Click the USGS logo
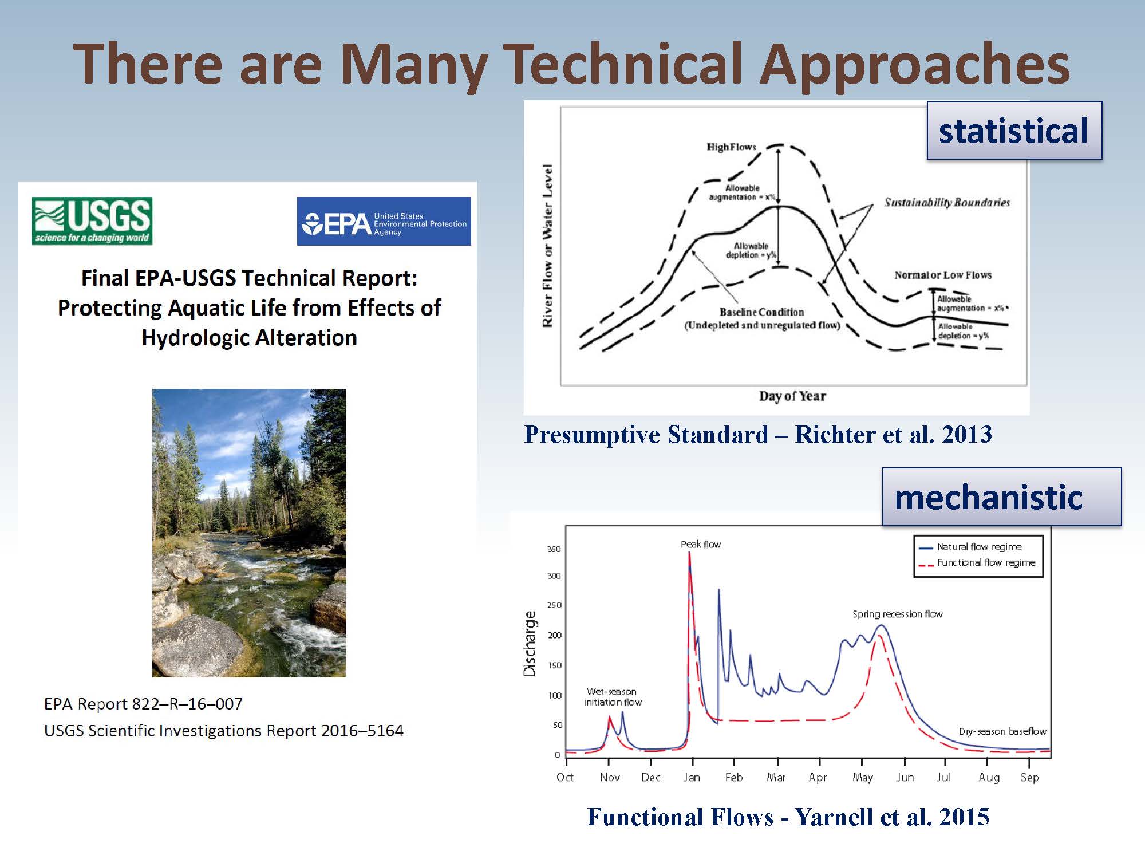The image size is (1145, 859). (x=92, y=221)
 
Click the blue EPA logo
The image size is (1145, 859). (x=384, y=222)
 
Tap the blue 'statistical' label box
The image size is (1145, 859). (x=1014, y=131)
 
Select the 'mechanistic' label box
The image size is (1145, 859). (x=1001, y=497)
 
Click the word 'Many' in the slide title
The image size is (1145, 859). (x=413, y=65)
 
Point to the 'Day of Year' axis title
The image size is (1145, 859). (x=792, y=396)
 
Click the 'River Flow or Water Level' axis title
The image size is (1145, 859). (x=547, y=246)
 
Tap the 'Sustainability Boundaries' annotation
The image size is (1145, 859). (x=947, y=202)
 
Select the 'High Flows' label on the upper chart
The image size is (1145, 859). (x=731, y=147)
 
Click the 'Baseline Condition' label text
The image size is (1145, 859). (x=762, y=312)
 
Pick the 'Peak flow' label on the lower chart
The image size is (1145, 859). (x=701, y=544)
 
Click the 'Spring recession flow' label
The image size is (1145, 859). (x=897, y=614)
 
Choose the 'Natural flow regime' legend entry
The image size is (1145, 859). (x=978, y=547)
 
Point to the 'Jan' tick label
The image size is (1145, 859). (x=692, y=777)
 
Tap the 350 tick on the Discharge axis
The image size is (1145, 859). (x=554, y=549)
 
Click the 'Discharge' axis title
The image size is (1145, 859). (x=530, y=644)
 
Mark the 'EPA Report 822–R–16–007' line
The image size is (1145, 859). (x=143, y=704)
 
